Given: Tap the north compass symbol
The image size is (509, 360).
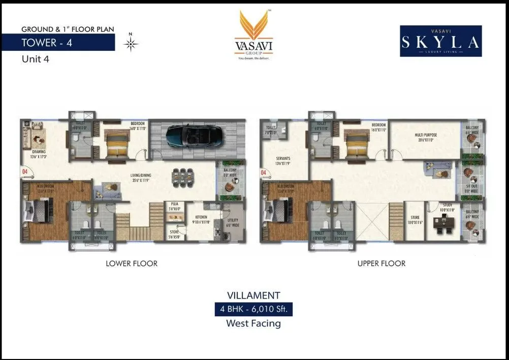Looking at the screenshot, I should point(131,44).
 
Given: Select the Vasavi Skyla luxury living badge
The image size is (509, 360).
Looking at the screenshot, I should point(440,41).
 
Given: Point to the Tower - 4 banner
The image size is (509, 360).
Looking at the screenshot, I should point(47,42).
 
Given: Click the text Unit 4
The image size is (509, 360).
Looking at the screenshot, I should point(36,58).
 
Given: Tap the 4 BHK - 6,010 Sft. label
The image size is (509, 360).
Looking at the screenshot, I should point(254,309).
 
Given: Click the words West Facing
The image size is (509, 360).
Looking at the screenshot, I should point(254,323).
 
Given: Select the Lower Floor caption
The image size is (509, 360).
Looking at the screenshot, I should point(132,264).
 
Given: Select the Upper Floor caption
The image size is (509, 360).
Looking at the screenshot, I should point(381,264).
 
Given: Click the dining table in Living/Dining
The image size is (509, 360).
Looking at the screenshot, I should point(182,177).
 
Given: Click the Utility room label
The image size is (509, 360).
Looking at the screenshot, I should point(232,222).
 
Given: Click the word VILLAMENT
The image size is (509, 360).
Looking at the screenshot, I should point(254,295).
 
